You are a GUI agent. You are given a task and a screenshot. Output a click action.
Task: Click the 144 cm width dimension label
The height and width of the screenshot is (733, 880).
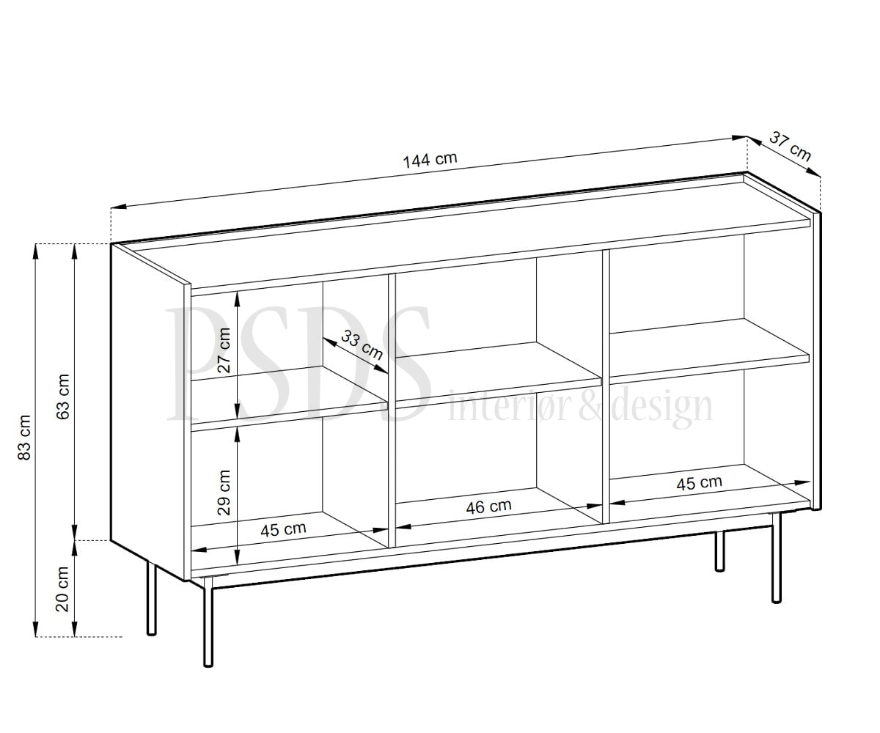tap(430, 160)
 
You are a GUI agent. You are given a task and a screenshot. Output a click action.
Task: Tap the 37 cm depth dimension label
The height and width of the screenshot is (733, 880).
tap(790, 146)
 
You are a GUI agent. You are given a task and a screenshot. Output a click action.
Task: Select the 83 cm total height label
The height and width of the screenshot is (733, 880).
tap(25, 438)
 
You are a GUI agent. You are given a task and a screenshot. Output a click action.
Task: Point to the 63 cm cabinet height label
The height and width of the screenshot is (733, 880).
tap(63, 397)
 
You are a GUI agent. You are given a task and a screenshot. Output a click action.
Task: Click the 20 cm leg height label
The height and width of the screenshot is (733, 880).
tap(62, 589)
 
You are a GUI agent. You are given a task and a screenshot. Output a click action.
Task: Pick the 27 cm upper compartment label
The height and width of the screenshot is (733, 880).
tap(224, 350)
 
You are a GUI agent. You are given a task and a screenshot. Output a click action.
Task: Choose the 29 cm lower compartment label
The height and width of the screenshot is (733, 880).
tap(224, 493)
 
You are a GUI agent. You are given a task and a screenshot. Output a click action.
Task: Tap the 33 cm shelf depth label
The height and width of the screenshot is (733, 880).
tap(362, 345)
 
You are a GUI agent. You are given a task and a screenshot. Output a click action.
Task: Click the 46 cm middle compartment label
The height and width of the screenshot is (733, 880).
tap(488, 507)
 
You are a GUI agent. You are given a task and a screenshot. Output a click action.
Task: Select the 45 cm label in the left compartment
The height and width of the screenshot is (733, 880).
tap(283, 529)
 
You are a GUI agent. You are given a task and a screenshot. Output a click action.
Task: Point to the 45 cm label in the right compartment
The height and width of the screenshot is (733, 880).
tap(699, 483)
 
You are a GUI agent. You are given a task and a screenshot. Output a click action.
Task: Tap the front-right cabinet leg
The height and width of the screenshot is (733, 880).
tap(777, 558)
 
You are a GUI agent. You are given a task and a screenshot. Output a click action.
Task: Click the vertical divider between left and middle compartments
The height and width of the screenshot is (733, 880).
tap(392, 410)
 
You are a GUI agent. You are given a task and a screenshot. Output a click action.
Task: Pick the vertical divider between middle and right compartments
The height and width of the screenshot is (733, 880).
tap(606, 386)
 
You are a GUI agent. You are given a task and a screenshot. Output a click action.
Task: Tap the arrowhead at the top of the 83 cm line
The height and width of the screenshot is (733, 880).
tap(36, 251)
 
